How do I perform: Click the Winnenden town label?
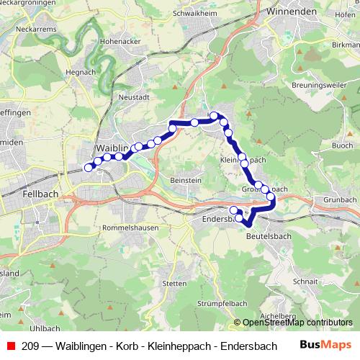292,12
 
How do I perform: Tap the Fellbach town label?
35,194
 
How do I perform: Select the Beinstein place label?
185,178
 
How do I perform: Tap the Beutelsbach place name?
267,235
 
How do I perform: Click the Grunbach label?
341,199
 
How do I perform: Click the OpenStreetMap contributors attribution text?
297,323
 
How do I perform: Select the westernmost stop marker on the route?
89,168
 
